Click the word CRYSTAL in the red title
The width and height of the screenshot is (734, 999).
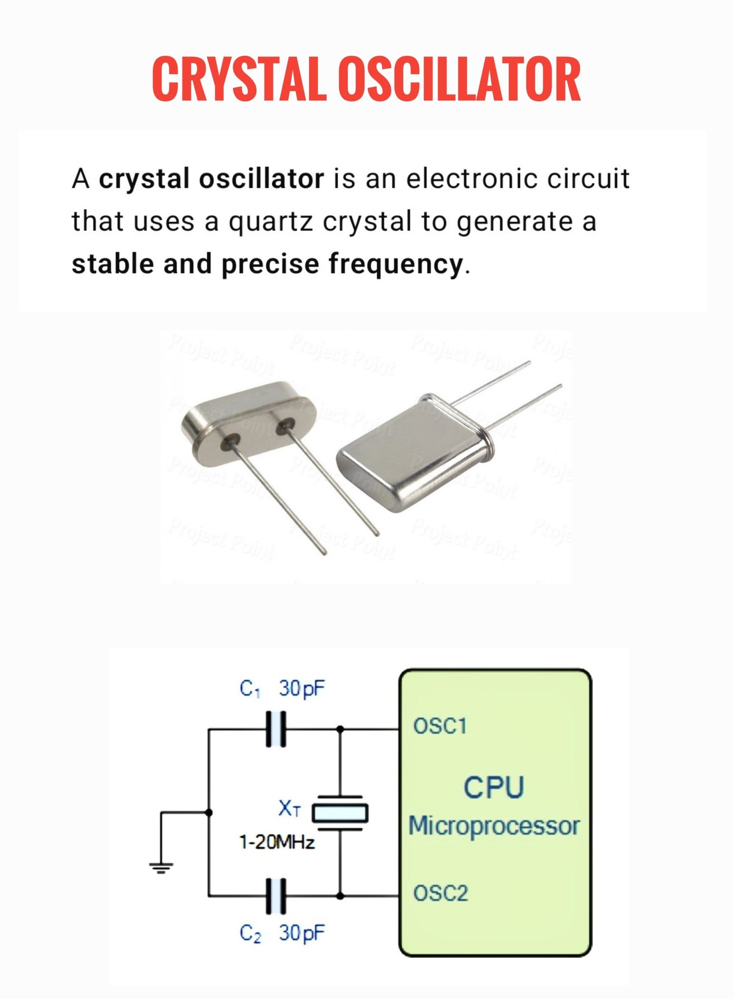pos(238,79)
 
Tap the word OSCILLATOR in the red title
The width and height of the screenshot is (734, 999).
pos(459,79)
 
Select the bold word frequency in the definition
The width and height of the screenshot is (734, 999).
pos(396,264)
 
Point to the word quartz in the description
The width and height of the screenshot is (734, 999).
pos(271,221)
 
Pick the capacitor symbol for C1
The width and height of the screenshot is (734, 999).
pos(277,729)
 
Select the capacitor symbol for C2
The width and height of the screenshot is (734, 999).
pos(277,896)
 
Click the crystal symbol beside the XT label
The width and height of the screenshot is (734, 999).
pos(340,813)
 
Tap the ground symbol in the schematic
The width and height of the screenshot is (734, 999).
pos(161,868)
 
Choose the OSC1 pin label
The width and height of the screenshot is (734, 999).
pos(440,726)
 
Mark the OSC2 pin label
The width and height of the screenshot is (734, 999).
pos(440,893)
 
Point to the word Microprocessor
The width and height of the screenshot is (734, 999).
pos(494,826)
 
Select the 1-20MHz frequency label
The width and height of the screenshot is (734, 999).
pos(277,842)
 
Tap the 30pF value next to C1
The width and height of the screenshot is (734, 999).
pos(302,688)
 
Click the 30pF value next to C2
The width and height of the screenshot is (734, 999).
pos(302,933)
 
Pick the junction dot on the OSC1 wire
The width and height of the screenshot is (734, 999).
pos(340,729)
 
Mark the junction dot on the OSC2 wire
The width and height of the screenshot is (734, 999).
pos(340,896)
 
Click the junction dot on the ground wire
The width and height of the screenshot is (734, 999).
pos(209,812)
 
